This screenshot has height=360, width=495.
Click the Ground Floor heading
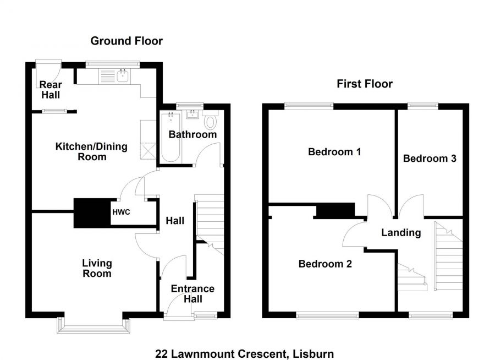coord(127,41)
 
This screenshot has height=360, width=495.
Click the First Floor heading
coord(365,84)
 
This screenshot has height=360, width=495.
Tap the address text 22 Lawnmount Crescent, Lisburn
coord(244,354)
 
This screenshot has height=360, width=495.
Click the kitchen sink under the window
coord(122,76)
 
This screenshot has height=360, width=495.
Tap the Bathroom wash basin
coord(193,115)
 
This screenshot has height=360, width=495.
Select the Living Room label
coord(97,269)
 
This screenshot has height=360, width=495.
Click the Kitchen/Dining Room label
coord(91,151)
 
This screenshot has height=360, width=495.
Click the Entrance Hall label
coord(193,294)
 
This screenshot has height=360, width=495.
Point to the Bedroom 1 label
coord(334,152)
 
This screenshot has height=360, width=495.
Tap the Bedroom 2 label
coord(325,264)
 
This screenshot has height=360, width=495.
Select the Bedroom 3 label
coord(430,159)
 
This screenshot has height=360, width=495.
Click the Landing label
coord(401,232)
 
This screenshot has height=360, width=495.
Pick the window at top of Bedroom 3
coord(422,105)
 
